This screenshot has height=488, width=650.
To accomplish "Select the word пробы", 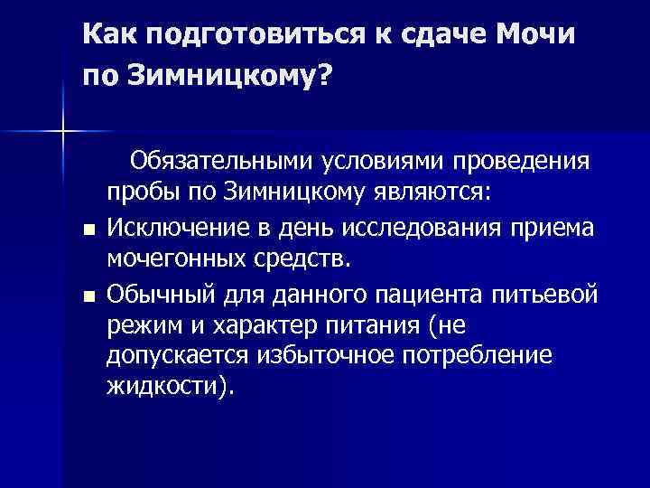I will click(144, 194).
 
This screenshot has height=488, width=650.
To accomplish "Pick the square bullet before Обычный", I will click(87, 296).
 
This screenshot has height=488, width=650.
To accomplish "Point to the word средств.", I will click(298, 260).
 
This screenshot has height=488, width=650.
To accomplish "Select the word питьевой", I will click(548, 293).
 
